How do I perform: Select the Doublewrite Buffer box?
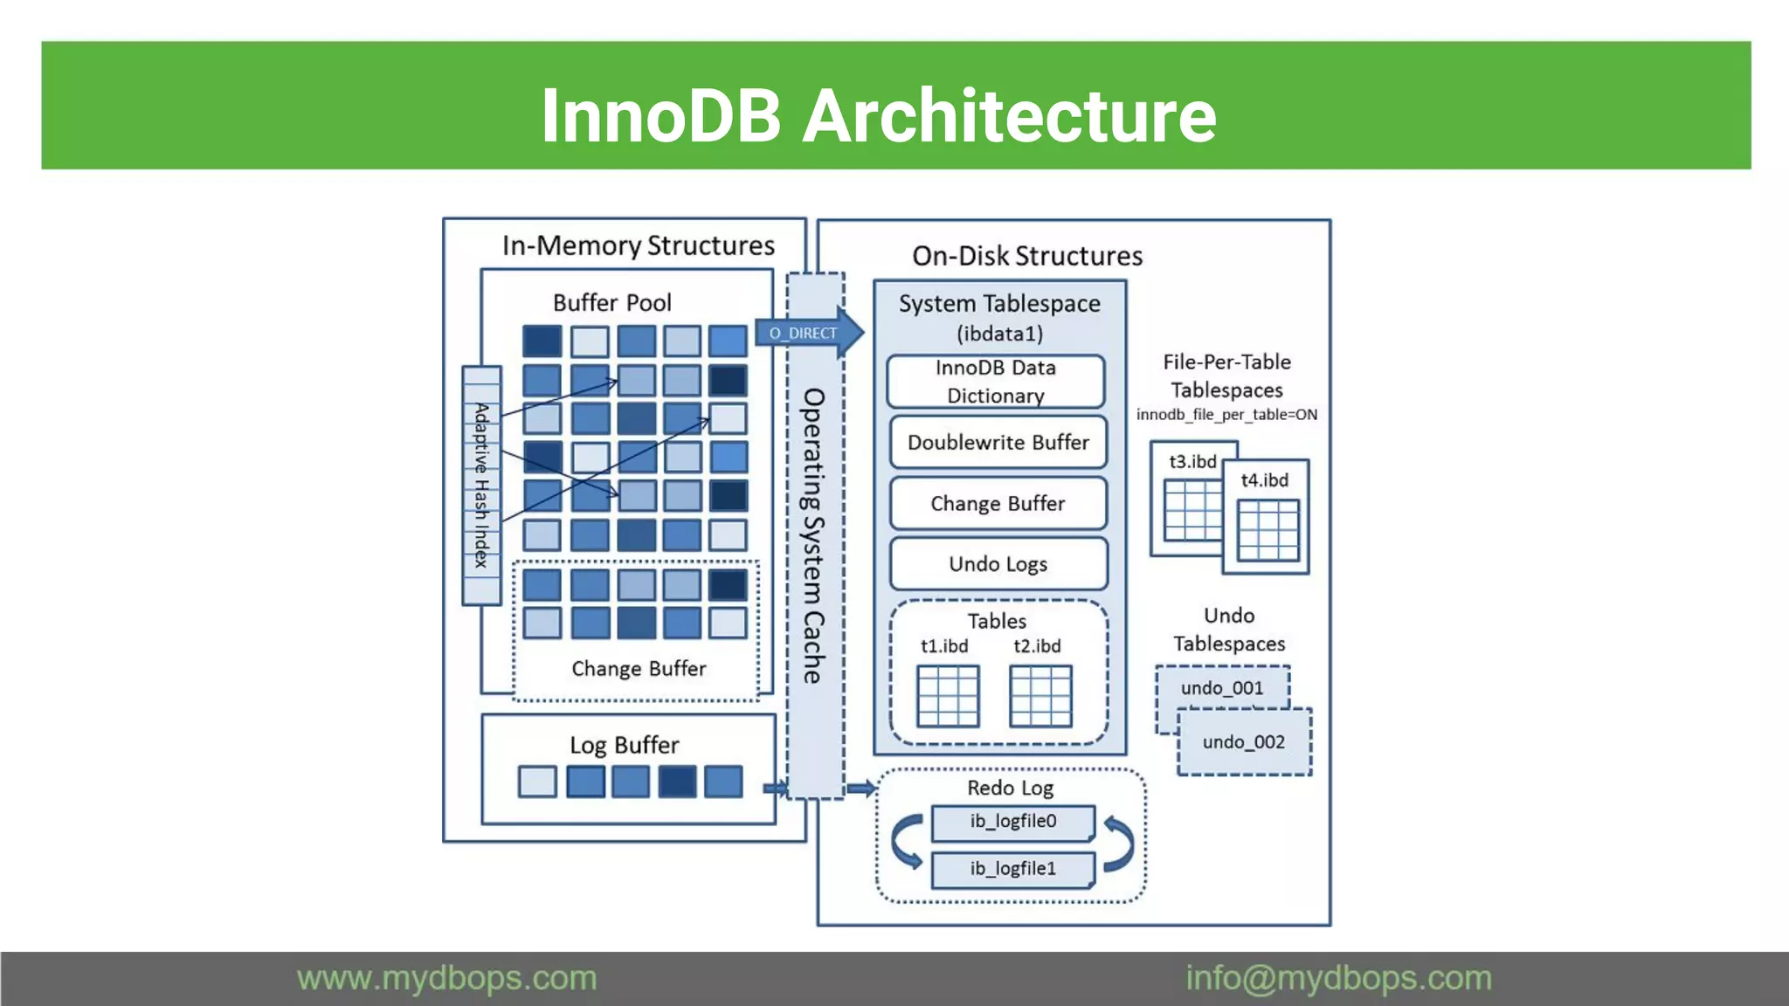tap(998, 443)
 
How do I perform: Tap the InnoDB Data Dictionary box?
tap(996, 382)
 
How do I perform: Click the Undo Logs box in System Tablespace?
tap(998, 564)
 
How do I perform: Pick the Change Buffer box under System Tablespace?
tap(998, 504)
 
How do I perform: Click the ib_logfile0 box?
tap(1012, 822)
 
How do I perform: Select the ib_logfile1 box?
tap(1012, 869)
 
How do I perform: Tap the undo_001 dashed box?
tap(1222, 688)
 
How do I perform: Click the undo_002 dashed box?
tap(1244, 742)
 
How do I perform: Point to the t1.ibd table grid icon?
tap(948, 696)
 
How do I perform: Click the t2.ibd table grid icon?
tap(1040, 696)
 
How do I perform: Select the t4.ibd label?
tap(1265, 480)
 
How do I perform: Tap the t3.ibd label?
tap(1192, 462)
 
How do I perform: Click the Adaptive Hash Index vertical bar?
tap(481, 486)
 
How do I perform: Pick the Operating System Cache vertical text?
tap(814, 535)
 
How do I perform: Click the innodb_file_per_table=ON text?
tap(1226, 415)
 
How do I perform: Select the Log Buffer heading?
tap(625, 745)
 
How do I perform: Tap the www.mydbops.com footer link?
tap(446, 978)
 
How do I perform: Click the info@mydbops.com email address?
tap(1338, 978)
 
